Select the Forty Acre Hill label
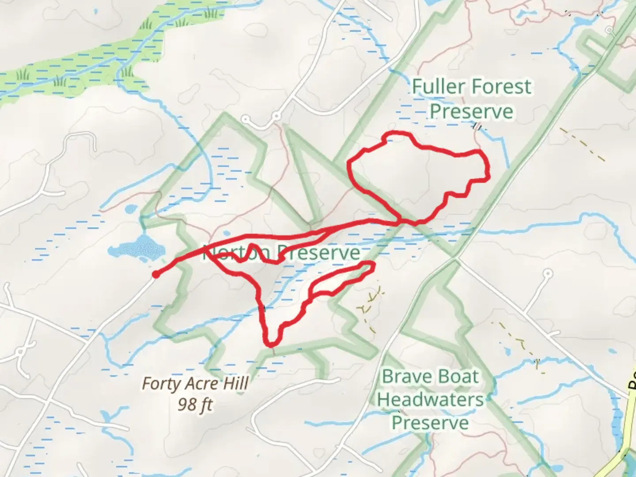[x=195, y=384]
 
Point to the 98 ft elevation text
[x=195, y=404]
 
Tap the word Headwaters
[x=430, y=400]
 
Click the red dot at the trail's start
[x=155, y=275]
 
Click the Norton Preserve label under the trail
[x=281, y=253]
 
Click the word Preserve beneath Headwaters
[x=430, y=423]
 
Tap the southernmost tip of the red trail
[x=271, y=344]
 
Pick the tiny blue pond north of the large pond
[x=131, y=208]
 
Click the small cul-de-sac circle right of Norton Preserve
[x=548, y=273]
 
